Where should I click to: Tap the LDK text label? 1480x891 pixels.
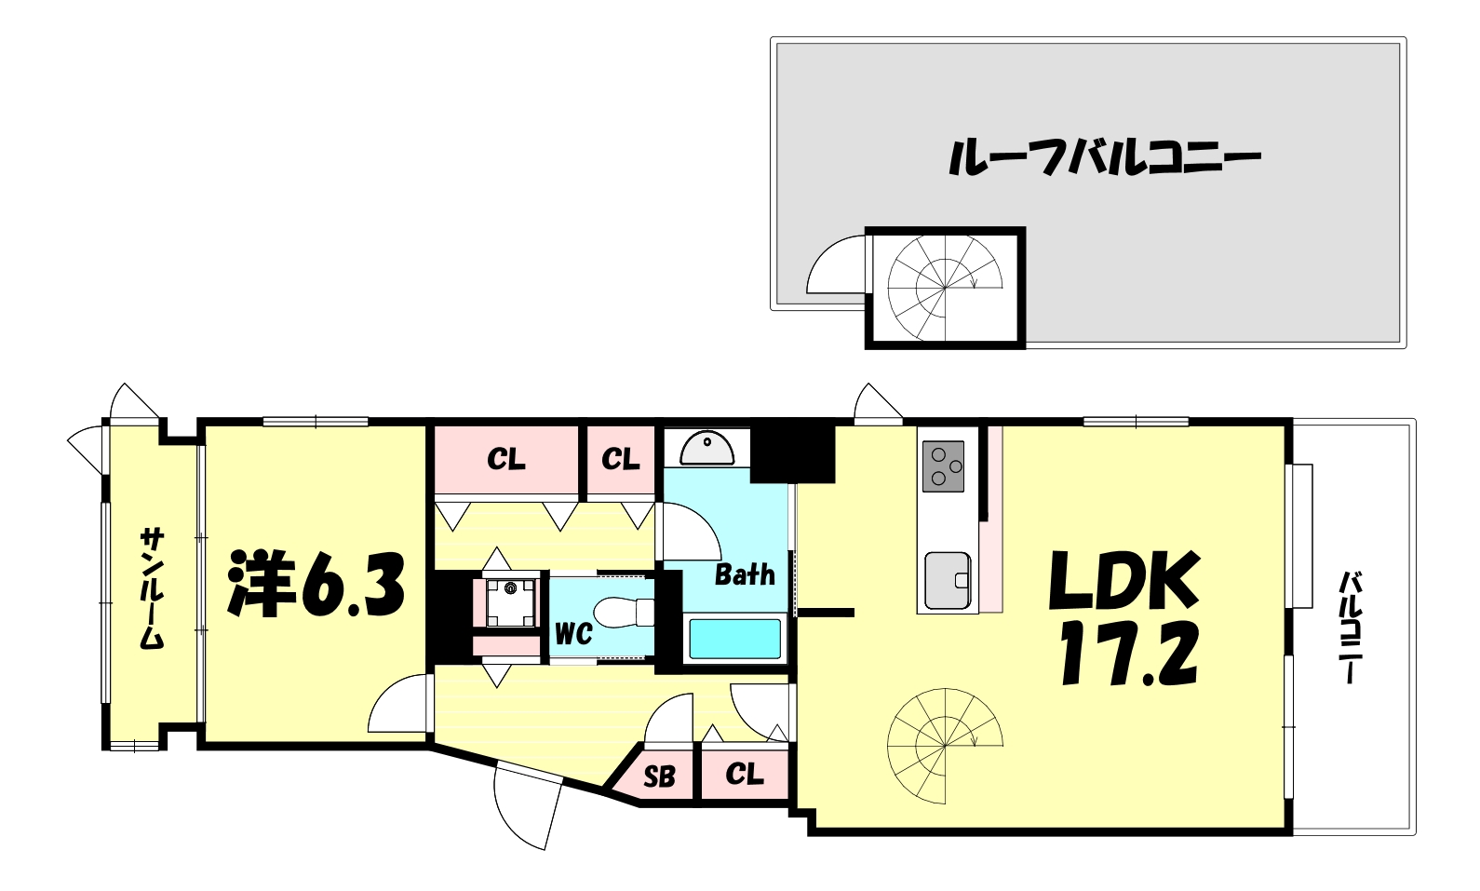[x=1124, y=581]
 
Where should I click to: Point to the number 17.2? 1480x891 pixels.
[x=1129, y=654]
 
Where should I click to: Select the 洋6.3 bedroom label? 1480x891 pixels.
[x=316, y=585]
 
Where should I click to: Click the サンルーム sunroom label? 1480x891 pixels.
[x=152, y=587]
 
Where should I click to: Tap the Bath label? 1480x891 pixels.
[x=745, y=574]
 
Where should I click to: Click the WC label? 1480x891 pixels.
[x=573, y=634]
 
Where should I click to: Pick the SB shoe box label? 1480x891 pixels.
[x=659, y=776]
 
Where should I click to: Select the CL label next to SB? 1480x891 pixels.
[x=745, y=774]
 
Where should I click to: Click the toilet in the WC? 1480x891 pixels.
[x=625, y=613]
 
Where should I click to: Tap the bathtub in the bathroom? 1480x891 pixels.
[x=734, y=640]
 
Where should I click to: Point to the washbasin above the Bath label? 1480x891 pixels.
[x=707, y=448]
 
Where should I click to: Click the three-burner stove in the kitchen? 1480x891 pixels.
[x=943, y=466]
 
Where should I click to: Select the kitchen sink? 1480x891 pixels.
[x=948, y=580]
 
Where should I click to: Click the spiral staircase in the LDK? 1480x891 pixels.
[x=944, y=746]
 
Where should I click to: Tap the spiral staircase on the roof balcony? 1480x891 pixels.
[x=944, y=288]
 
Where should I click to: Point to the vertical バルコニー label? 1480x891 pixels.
[x=1350, y=628]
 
